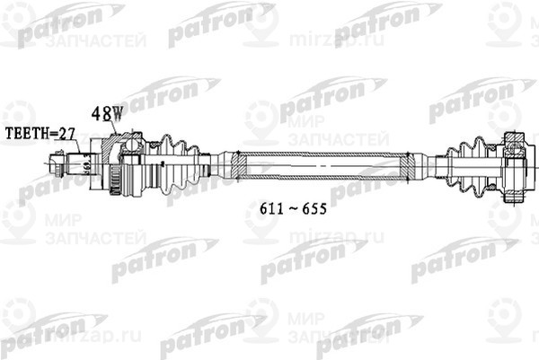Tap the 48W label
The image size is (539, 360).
tap(106, 114)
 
